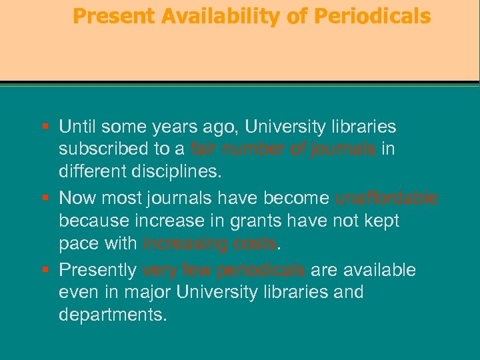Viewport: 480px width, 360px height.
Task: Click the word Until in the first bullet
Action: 77,127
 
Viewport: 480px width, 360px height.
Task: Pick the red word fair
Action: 203,148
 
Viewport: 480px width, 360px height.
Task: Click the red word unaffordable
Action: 386,199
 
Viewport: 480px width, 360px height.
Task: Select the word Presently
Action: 98,271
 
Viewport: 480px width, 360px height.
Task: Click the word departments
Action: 113,315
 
